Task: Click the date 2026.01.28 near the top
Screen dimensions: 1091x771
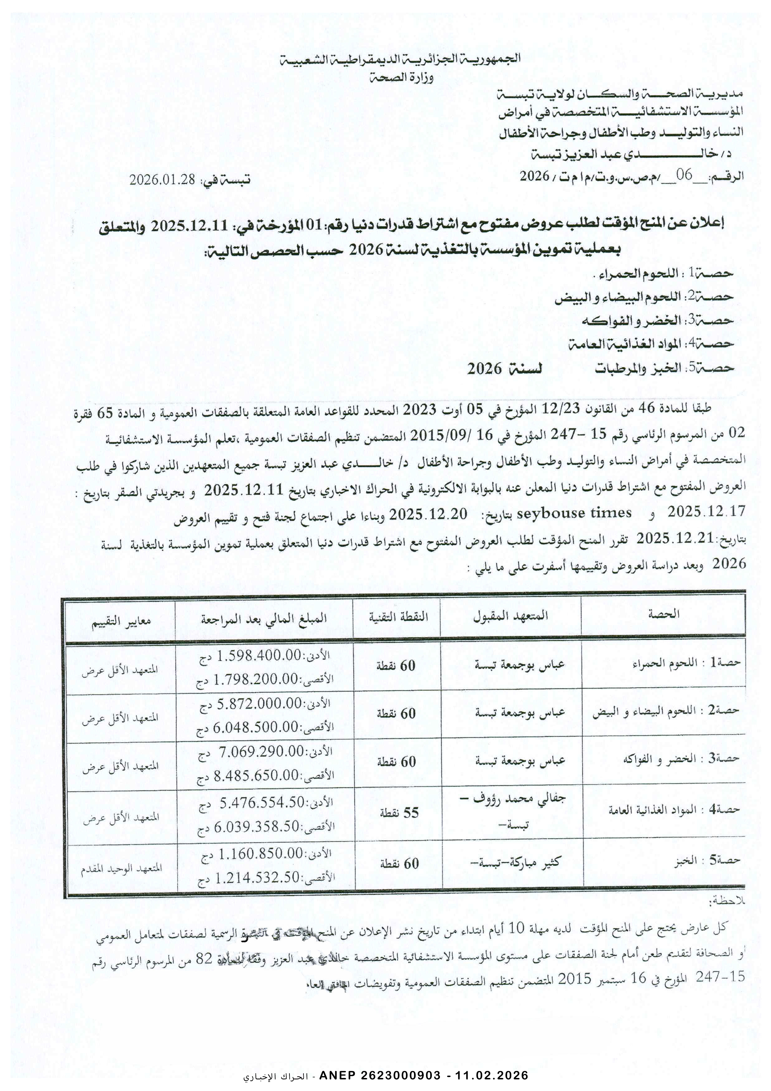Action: click(x=163, y=180)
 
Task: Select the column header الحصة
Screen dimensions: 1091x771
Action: click(x=663, y=614)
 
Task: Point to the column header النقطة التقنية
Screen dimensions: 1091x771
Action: click(x=398, y=616)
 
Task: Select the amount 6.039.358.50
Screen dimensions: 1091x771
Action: click(x=255, y=827)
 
